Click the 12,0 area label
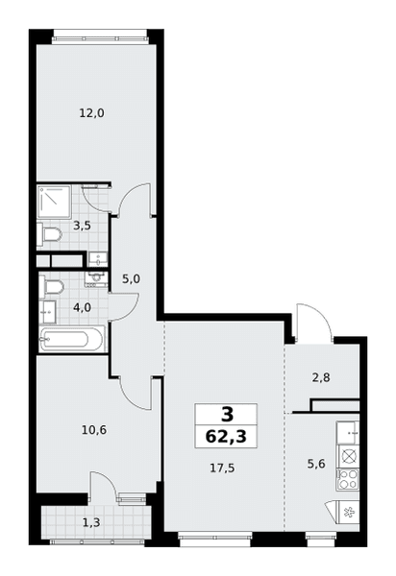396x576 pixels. coord(92,113)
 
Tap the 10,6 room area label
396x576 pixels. coord(94,429)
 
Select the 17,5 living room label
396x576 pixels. coord(222,468)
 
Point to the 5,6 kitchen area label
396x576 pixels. coord(316,464)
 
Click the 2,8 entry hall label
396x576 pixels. coord(321,377)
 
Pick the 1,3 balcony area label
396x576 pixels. coord(91,522)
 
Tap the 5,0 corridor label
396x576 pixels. coord(131,279)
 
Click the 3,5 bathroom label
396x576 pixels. coord(82,226)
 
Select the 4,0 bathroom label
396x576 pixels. coord(82,307)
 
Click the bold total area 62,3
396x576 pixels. coord(226,437)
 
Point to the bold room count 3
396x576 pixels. coord(228,415)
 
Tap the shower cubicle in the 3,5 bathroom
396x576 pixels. coord(54,203)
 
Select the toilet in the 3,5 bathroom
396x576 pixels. coord(49,234)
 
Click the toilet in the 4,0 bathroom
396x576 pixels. coord(52,286)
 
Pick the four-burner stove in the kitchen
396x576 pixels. coord(348,479)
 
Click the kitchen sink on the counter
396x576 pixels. coord(348,433)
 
